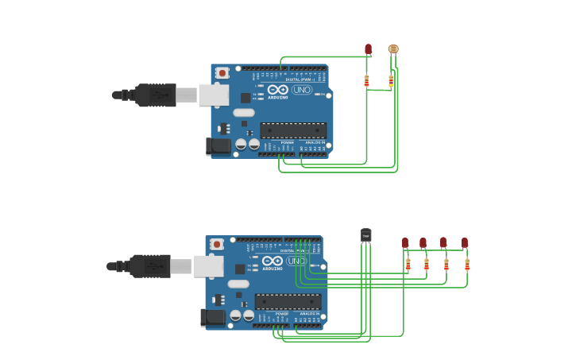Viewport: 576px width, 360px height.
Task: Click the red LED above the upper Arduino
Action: (x=368, y=49)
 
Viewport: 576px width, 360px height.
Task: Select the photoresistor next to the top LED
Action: (x=392, y=49)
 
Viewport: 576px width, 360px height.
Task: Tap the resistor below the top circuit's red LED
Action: (x=366, y=80)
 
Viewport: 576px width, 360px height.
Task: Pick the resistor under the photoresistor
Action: (x=391, y=80)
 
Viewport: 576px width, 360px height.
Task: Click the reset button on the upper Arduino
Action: (x=222, y=73)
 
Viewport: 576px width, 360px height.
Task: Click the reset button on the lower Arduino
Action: (x=217, y=245)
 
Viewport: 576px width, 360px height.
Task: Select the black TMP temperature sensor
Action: (x=365, y=234)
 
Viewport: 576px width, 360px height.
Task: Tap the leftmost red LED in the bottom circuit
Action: (x=405, y=242)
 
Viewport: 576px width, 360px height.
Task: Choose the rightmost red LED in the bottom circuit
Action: (x=465, y=242)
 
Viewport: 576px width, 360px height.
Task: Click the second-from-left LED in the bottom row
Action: (x=423, y=242)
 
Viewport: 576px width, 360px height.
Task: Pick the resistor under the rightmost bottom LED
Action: (x=467, y=265)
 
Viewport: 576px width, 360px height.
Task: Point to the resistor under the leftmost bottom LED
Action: (x=408, y=265)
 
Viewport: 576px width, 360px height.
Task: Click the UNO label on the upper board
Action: (x=302, y=90)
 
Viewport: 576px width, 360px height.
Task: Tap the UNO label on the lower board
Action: (x=296, y=261)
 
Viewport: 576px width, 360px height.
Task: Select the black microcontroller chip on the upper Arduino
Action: (x=293, y=130)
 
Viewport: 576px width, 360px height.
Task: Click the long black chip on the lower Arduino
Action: (x=288, y=302)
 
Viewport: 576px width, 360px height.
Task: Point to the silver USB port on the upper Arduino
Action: (x=213, y=95)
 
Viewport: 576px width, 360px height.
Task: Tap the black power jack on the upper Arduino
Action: (x=218, y=146)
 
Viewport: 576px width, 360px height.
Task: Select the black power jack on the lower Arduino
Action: (x=212, y=318)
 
